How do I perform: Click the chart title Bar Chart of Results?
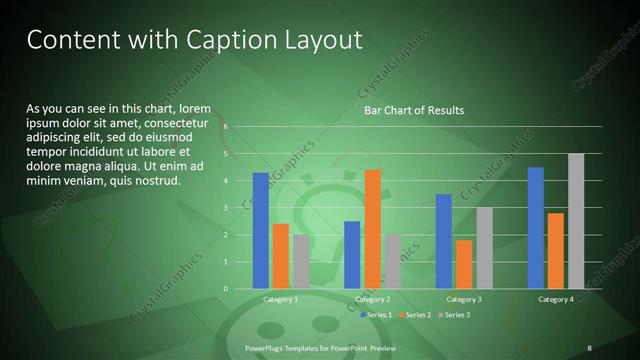pos(413,110)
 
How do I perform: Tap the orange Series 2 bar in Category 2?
pos(372,229)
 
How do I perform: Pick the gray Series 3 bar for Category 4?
pos(575,221)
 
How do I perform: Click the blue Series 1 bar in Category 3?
pos(444,241)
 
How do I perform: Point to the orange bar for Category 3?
pos(464,264)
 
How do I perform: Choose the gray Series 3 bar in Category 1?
pos(300,262)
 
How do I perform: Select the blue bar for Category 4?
pos(535,228)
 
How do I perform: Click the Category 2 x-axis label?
pos(372,299)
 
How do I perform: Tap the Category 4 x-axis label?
pos(555,299)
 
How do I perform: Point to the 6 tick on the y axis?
pos(227,127)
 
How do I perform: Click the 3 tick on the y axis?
pos(227,208)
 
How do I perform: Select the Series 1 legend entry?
pos(375,315)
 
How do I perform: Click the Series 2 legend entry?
pos(414,315)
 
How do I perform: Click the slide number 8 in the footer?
pos(589,347)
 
